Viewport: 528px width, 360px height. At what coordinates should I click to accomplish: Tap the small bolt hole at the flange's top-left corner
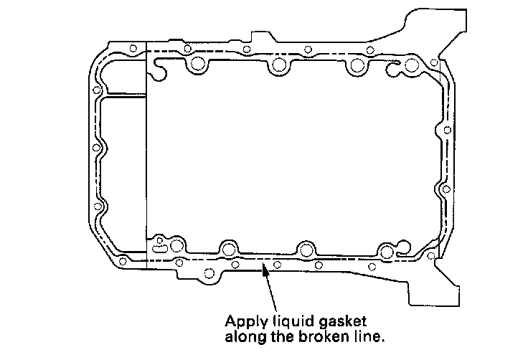tap(133, 49)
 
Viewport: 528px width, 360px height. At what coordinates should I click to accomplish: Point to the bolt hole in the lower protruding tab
tap(210, 272)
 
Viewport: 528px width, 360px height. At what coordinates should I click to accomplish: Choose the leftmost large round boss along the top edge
tap(197, 67)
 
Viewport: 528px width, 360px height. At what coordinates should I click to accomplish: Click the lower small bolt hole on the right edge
tap(445, 189)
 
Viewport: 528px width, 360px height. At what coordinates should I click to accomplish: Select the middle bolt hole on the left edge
tap(96, 148)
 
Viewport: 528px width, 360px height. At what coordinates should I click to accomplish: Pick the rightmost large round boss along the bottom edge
tap(388, 251)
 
